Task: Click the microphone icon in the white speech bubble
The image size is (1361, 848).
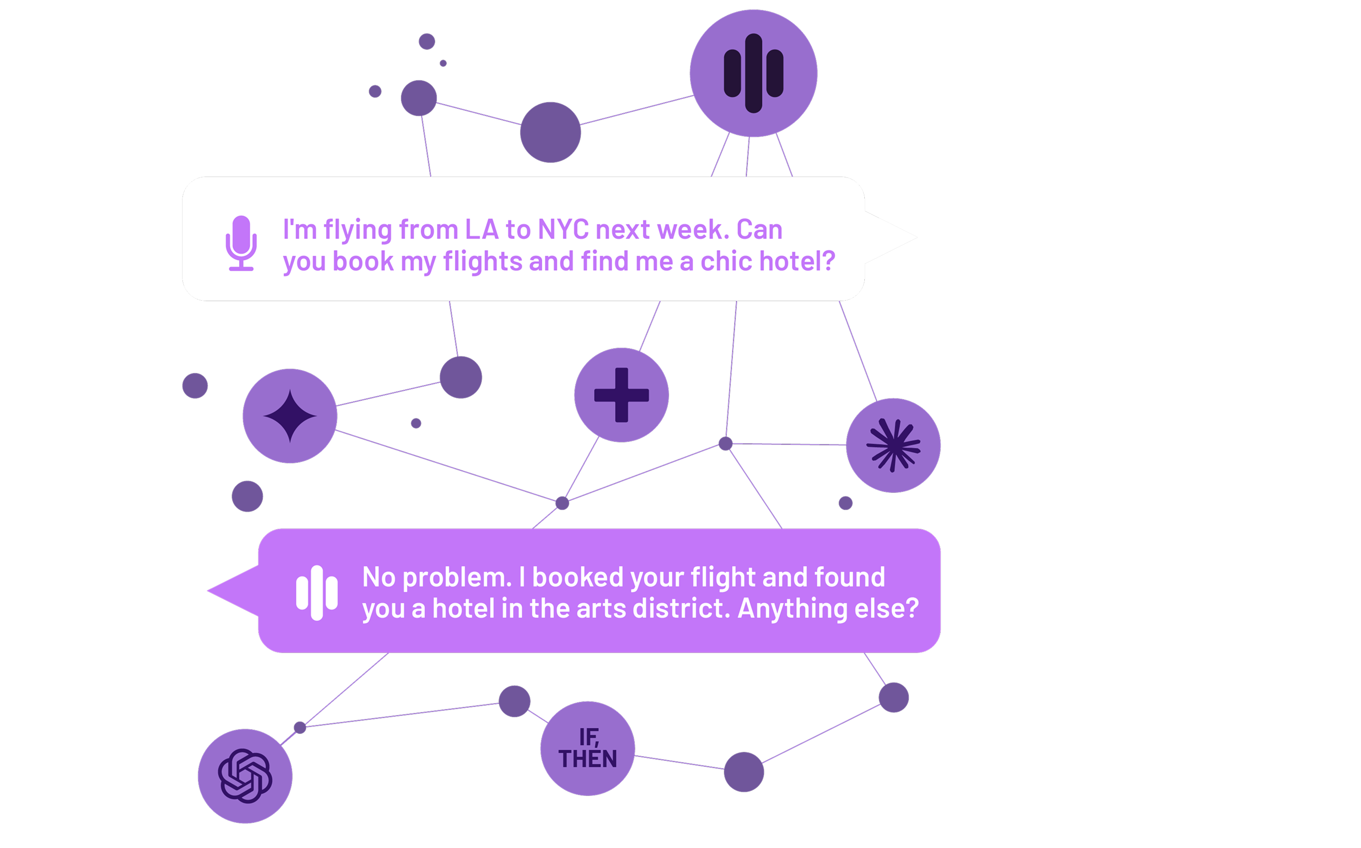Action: click(x=241, y=243)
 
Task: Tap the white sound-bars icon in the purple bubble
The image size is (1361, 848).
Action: click(x=317, y=593)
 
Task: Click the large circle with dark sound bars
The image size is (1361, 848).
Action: click(x=753, y=73)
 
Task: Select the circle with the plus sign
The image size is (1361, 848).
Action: click(x=622, y=395)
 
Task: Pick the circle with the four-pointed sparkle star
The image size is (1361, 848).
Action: click(x=290, y=416)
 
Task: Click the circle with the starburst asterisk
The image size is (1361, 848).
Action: click(x=893, y=445)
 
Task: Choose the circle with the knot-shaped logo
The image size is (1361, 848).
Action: click(x=245, y=776)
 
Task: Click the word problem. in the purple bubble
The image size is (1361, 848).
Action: click(x=457, y=578)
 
